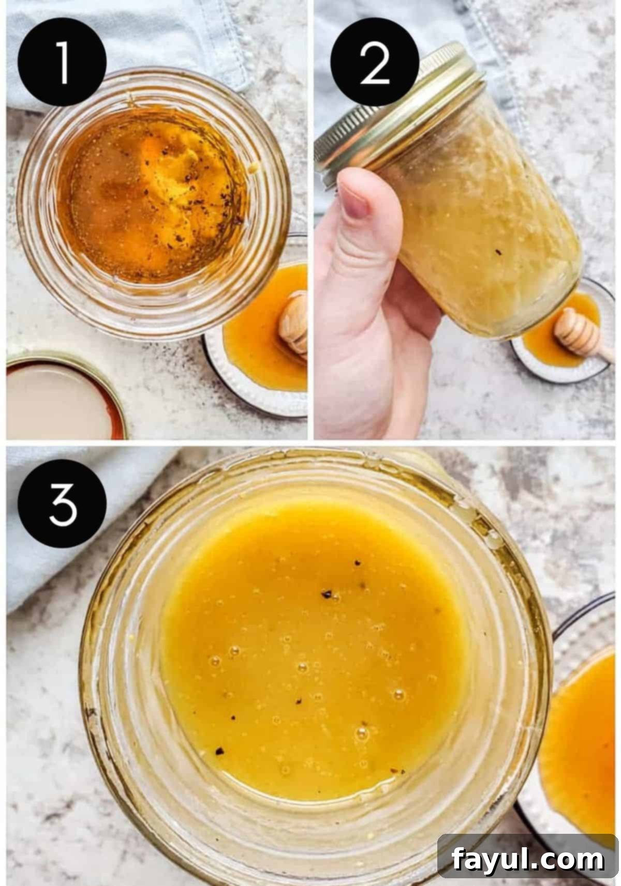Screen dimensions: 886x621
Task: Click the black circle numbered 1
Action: point(62,62)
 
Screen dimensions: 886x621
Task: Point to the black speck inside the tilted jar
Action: point(499,252)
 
